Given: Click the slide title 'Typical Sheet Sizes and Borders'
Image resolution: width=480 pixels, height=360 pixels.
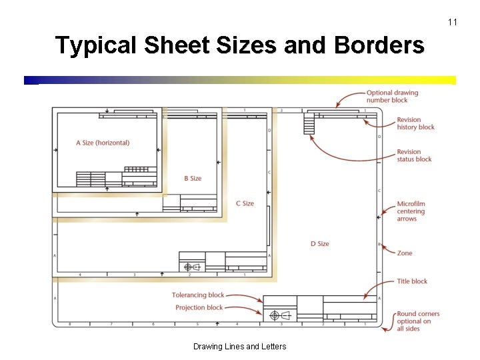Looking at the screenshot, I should tap(239, 45).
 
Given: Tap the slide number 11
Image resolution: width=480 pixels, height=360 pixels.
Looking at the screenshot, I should tap(453, 23).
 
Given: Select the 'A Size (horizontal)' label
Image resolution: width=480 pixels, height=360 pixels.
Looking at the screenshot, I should tap(103, 143).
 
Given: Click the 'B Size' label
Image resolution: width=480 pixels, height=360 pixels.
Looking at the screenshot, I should tap(193, 179).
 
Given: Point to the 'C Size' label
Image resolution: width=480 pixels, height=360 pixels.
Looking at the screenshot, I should tap(245, 203).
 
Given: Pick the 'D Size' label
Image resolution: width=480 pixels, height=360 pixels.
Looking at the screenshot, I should tap(319, 244).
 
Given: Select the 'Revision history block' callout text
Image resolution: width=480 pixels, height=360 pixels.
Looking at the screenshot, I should tap(415, 123).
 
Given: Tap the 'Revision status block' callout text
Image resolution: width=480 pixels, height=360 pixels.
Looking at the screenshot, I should tap(414, 155).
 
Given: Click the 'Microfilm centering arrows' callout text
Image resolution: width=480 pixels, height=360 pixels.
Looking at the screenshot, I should tap(411, 211).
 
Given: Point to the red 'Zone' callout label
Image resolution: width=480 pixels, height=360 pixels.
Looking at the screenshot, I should tap(405, 253).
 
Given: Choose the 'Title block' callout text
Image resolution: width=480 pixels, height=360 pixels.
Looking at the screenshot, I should tap(412, 281).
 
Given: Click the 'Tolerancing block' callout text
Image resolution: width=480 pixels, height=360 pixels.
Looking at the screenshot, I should tap(198, 295).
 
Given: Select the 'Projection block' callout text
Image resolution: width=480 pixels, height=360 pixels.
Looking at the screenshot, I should tap(199, 308).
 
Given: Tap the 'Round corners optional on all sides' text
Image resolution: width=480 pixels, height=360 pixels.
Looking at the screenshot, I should tap(418, 321).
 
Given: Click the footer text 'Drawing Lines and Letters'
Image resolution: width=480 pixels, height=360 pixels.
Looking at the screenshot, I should tap(239, 347).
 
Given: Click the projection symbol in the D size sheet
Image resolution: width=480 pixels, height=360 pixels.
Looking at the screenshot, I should tap(279, 315).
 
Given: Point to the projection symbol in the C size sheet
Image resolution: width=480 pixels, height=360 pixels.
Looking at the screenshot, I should tap(191, 267).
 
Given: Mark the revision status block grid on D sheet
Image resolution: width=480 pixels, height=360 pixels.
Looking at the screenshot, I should tap(309, 123).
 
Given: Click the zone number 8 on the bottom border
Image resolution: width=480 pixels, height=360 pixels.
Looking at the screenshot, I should tap(70, 324).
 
